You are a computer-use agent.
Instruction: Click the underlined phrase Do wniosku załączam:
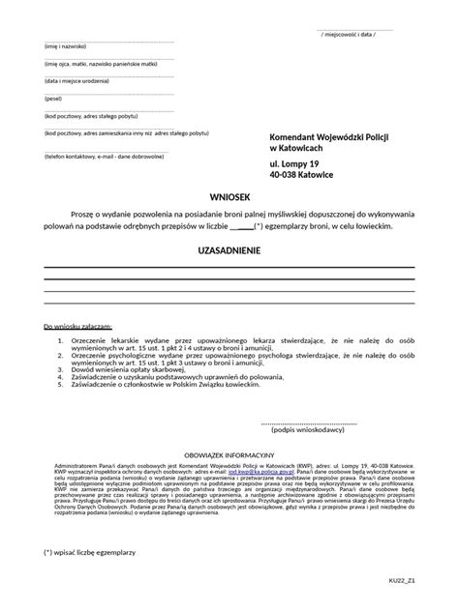81,326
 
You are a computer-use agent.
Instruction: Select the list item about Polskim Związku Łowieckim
174,384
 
